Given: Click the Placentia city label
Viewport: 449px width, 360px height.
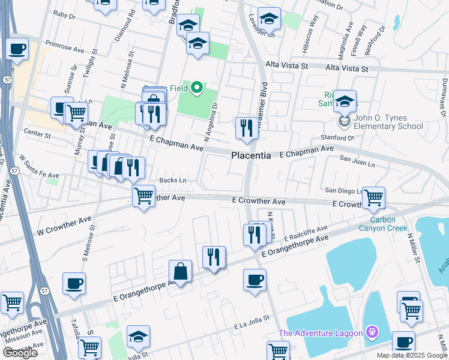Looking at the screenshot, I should point(251,155).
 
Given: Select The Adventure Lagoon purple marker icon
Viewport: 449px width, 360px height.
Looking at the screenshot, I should point(372,331).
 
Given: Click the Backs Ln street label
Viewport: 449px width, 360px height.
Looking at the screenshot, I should point(173,180).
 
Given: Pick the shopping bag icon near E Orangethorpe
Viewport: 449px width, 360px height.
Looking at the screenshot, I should point(180,272).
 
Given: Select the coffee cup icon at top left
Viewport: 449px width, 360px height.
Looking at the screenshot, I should point(17,49).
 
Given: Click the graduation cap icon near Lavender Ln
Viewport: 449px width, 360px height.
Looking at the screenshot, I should point(269,19).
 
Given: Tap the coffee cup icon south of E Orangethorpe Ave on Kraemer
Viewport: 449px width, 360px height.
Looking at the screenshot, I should point(255,280).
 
